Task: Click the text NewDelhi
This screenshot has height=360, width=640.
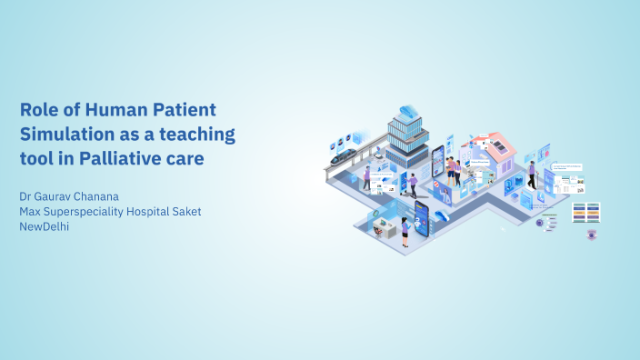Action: [x=45, y=226]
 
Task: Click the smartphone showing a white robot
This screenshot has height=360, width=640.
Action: [x=422, y=217]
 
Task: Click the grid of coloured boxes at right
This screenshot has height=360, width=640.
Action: [x=586, y=212]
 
